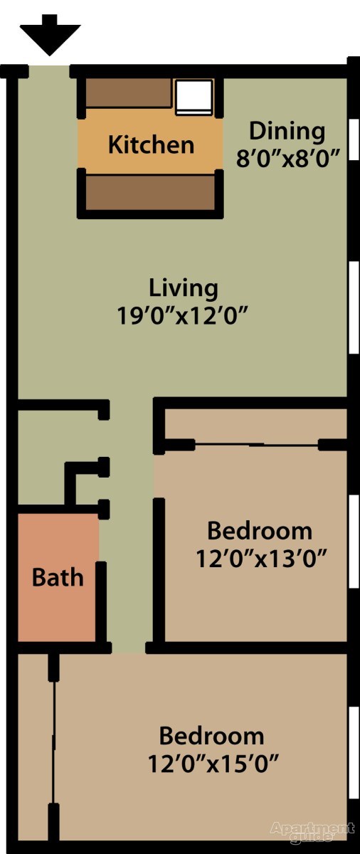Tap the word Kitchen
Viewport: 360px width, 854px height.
pos(151,144)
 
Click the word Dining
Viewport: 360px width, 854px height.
pos(287,131)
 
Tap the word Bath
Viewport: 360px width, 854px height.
pos(57,577)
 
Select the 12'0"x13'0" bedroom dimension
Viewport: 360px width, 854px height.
pos(260,557)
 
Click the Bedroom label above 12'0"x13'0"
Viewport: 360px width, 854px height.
pos(260,531)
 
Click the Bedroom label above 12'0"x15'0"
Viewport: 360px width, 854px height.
pos(211,736)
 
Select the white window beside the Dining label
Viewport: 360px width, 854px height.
pos(354,142)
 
